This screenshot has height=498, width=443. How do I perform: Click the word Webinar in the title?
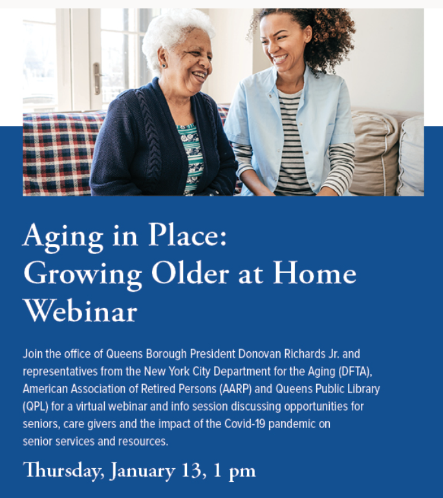pos(80,310)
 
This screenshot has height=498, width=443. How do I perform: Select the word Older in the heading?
pos(190,273)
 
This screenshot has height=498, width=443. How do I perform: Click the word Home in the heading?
pos(314,273)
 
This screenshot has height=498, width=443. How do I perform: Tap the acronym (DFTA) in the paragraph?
pos(355,372)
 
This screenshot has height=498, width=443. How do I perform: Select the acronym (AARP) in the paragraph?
pos(235,389)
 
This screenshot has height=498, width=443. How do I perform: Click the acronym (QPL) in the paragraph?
pos(36,407)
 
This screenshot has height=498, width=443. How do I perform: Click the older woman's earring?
pos(164,66)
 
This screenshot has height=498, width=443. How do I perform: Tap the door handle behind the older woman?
pos(97,78)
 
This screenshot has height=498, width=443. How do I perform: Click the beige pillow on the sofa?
pos(374,153)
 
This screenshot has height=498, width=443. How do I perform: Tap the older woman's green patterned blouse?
pos(191,158)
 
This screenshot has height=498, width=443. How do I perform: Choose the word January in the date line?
pos(142,471)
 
